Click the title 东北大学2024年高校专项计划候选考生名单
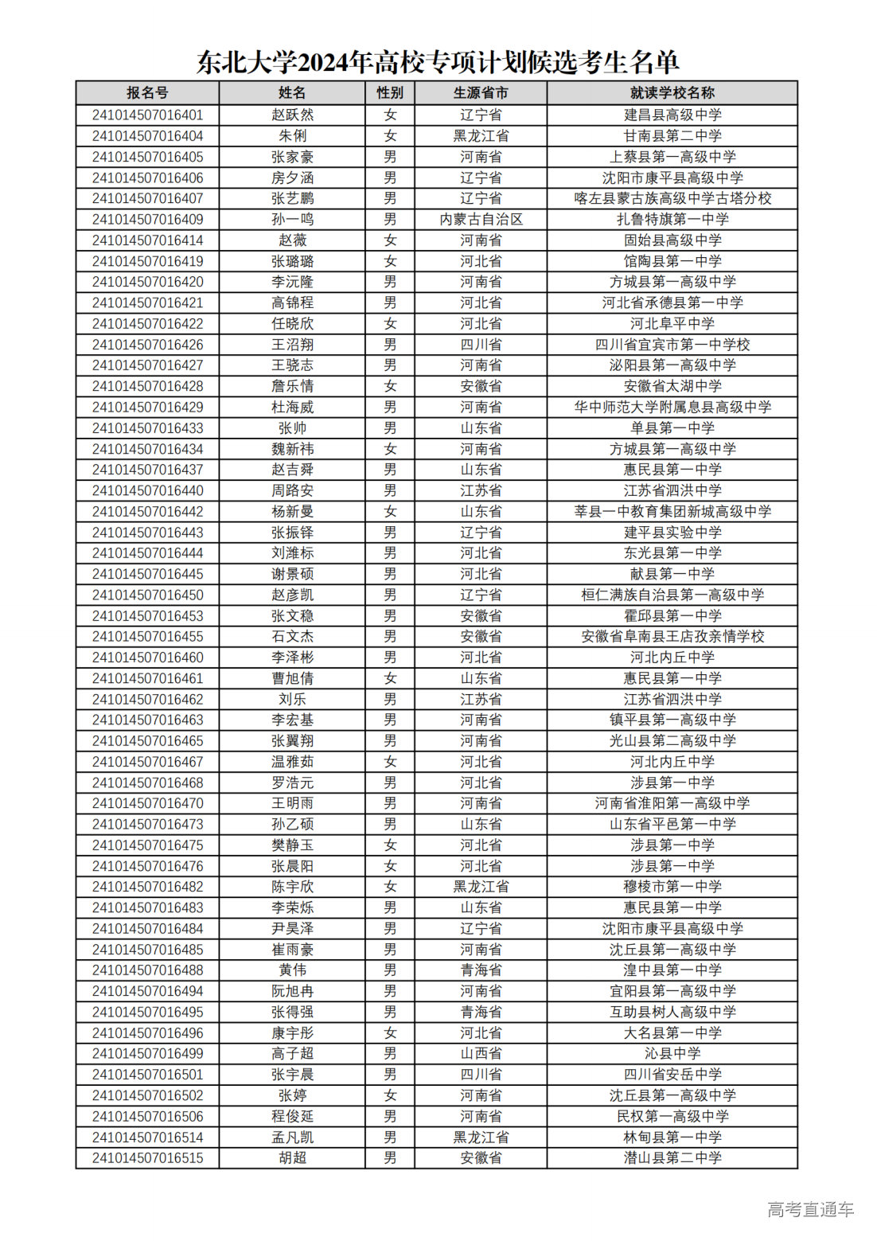438,61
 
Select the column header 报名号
147,93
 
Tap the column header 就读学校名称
672,93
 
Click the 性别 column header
390,93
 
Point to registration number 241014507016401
147,115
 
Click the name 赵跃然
292,115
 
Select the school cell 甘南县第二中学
672,136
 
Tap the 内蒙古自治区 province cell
481,219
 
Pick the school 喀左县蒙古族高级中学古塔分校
672,198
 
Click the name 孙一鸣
292,219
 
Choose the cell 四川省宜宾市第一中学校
672,345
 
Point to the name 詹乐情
292,386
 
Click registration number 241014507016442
147,511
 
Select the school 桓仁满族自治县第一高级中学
672,595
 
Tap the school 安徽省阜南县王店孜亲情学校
672,636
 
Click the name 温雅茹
292,762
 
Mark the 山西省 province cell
481,1053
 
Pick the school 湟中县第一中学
672,970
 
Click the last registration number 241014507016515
147,1157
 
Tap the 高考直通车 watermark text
810,1209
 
